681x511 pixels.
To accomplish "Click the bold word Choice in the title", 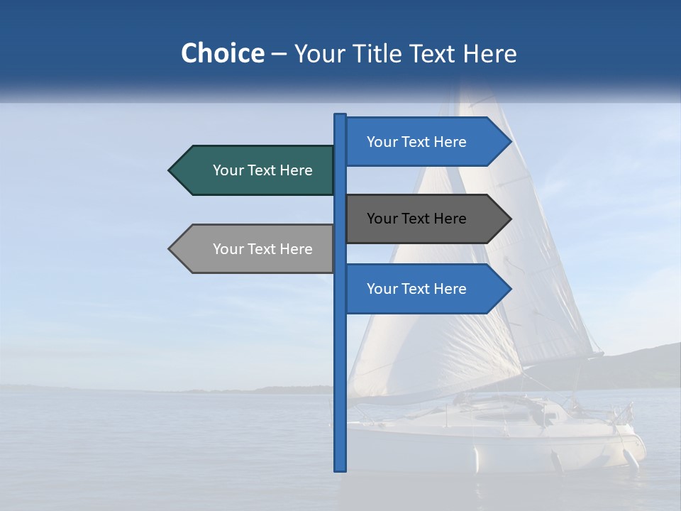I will tap(222, 53).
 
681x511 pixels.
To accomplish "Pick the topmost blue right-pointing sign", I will tap(419, 142).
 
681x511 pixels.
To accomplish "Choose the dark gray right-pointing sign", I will tap(419, 219).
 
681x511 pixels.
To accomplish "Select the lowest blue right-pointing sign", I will tap(419, 289).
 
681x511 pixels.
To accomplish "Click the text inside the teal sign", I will tap(262, 170).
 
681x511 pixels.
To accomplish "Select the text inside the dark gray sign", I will tap(416, 219).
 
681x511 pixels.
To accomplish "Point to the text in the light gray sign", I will tap(262, 249).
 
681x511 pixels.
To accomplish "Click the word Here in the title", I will tap(489, 53).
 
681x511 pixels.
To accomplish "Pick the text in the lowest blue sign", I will tap(416, 289).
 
